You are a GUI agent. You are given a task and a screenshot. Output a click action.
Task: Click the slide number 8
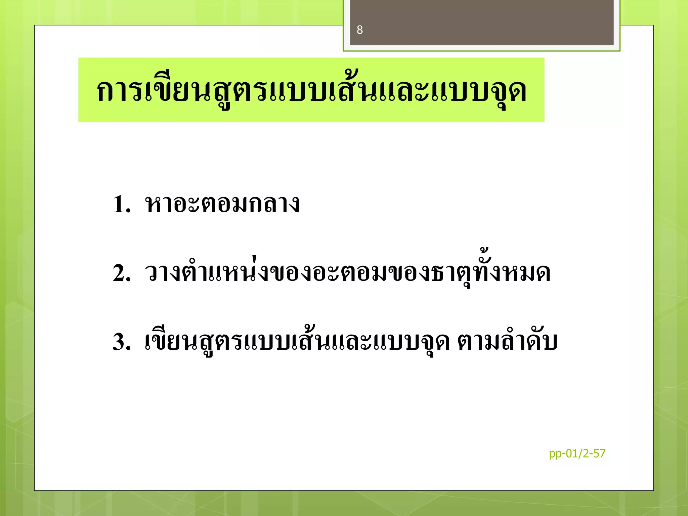coord(360,30)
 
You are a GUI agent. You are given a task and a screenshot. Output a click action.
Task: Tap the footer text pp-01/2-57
coord(577,454)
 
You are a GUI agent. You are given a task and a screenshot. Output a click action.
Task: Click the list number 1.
coord(121,204)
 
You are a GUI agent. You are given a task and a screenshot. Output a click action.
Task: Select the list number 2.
coord(121,273)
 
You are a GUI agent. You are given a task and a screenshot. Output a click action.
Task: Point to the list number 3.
coord(121,342)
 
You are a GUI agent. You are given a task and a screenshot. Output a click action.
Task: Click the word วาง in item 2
coord(163,273)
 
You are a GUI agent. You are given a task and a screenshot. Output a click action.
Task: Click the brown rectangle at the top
coord(481,22)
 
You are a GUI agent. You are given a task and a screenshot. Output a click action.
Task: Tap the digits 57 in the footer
coord(599,454)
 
